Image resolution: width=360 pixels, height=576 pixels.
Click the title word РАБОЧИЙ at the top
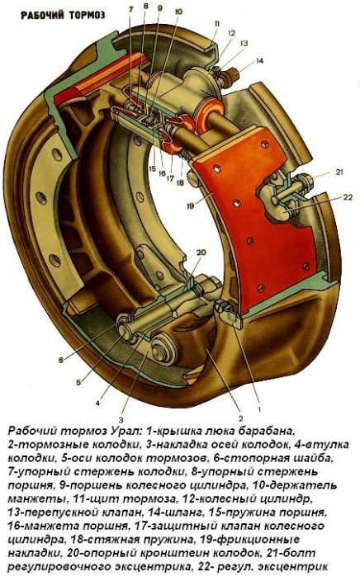point(41,15)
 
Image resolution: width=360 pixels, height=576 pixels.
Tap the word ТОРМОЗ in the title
point(86,15)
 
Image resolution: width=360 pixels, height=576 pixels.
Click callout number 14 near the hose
point(259,60)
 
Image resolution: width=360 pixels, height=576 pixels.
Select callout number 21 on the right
point(339,172)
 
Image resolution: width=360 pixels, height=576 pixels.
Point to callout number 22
point(348,197)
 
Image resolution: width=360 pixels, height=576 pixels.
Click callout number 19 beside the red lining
point(190,206)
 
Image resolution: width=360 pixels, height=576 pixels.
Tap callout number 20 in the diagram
point(201,253)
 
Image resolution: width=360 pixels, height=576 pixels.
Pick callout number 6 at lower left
point(61,361)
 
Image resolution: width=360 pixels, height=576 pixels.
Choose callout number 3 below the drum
point(121,420)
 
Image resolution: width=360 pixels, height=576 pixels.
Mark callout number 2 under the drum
point(241,418)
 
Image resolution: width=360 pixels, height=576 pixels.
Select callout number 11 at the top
point(216,24)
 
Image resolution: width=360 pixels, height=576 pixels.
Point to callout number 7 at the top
point(131,10)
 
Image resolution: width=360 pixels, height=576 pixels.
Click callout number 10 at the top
point(178,12)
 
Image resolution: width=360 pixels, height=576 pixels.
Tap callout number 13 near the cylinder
point(244,44)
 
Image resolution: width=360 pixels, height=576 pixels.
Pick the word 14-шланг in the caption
point(177,512)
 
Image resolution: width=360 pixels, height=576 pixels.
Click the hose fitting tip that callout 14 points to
point(233,74)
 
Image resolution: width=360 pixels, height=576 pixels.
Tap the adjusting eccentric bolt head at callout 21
point(306,182)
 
